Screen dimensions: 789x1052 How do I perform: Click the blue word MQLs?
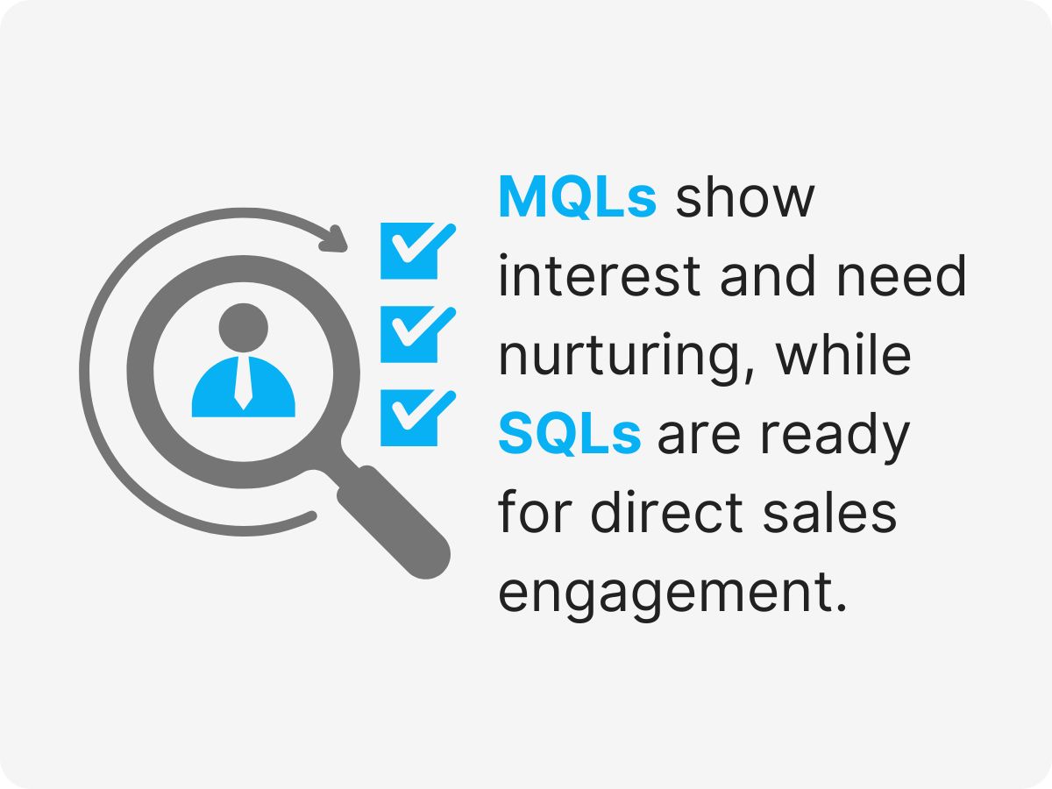pos(577,198)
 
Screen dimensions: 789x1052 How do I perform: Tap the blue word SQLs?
pos(570,435)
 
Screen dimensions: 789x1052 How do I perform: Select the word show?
pos(744,198)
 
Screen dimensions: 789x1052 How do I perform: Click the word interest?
pos(600,277)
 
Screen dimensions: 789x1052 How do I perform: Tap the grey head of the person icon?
pos(244,327)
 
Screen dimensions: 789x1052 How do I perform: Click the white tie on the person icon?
pos(244,386)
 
